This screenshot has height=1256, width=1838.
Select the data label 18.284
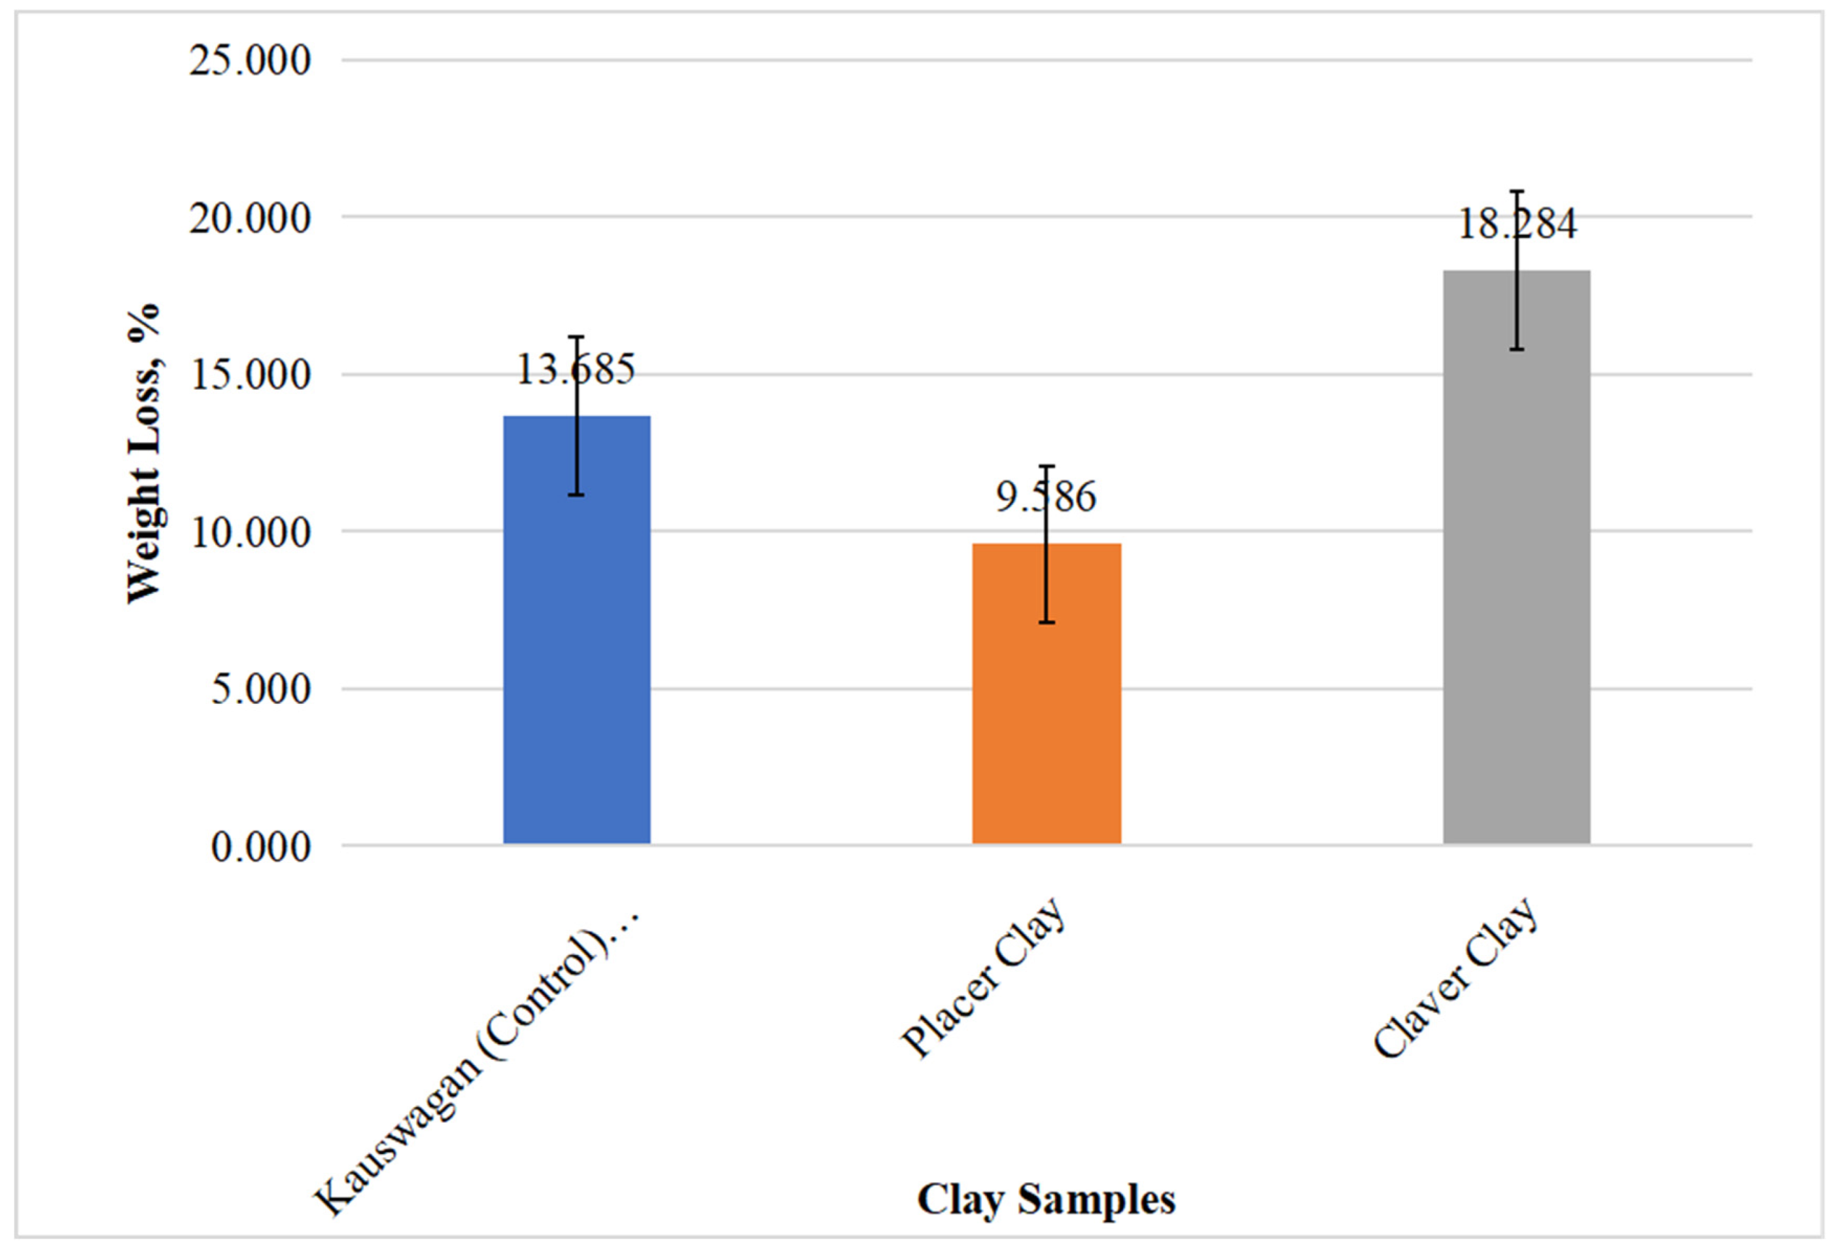click(1516, 224)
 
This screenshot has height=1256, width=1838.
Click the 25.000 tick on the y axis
click(250, 61)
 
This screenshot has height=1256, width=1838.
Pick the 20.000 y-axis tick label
click(250, 218)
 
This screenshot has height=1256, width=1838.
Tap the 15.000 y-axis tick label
click(250, 375)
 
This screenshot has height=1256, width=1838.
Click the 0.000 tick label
click(260, 847)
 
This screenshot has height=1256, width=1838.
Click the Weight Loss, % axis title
click(143, 454)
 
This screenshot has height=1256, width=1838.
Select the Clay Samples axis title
click(1045, 1199)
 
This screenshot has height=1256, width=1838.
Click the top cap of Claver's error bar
click(1516, 192)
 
